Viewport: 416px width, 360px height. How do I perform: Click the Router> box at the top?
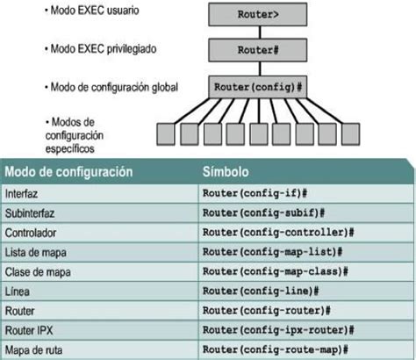[x=258, y=15]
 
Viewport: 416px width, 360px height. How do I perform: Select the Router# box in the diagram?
[x=258, y=50]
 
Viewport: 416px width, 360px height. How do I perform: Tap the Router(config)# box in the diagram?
[x=258, y=87]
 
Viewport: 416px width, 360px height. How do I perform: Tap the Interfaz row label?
[x=21, y=192]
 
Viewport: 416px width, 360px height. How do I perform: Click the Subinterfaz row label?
[x=30, y=212]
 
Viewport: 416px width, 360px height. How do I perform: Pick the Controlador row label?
[x=31, y=232]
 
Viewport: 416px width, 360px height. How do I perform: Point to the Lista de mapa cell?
[x=34, y=251]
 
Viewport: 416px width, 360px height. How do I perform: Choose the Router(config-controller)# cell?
[x=277, y=232]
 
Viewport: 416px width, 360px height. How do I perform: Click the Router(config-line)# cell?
[x=260, y=291]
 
